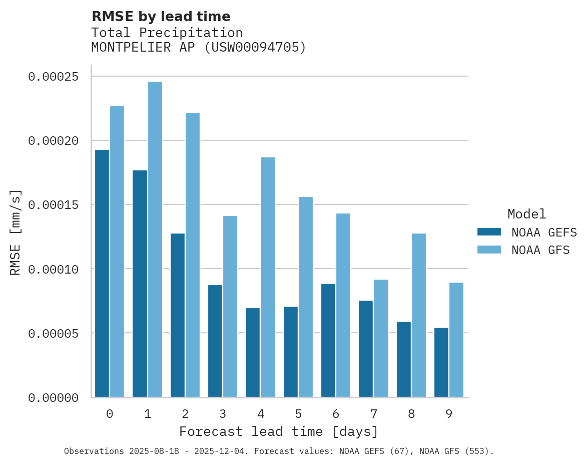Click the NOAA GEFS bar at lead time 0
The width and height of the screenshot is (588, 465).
[x=102, y=273]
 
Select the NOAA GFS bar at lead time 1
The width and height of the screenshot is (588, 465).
[x=155, y=240]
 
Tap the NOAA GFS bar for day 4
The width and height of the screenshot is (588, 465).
[x=268, y=277]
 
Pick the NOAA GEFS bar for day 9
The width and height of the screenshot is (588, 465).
[x=441, y=362]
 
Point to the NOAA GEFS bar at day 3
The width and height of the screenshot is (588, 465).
[x=215, y=341]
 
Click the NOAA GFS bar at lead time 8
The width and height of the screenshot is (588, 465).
[x=419, y=315]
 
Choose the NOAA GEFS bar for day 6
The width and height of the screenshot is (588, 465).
[x=328, y=340]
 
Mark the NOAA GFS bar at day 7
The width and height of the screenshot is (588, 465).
[x=381, y=338]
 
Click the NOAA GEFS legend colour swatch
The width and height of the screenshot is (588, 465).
[x=489, y=232]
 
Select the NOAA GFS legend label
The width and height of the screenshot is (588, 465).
[x=540, y=250]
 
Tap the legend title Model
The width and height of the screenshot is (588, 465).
[x=526, y=214]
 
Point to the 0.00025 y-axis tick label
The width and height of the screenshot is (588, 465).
[x=53, y=77]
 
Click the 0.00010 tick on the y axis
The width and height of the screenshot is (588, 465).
[x=53, y=270]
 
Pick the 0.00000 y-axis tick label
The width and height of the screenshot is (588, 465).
[x=53, y=398]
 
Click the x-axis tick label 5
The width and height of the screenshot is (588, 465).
[x=298, y=414]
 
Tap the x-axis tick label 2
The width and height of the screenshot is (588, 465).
[x=185, y=414]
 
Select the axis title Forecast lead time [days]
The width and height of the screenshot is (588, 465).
[x=279, y=431]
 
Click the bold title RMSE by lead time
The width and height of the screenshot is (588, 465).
[x=161, y=17]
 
